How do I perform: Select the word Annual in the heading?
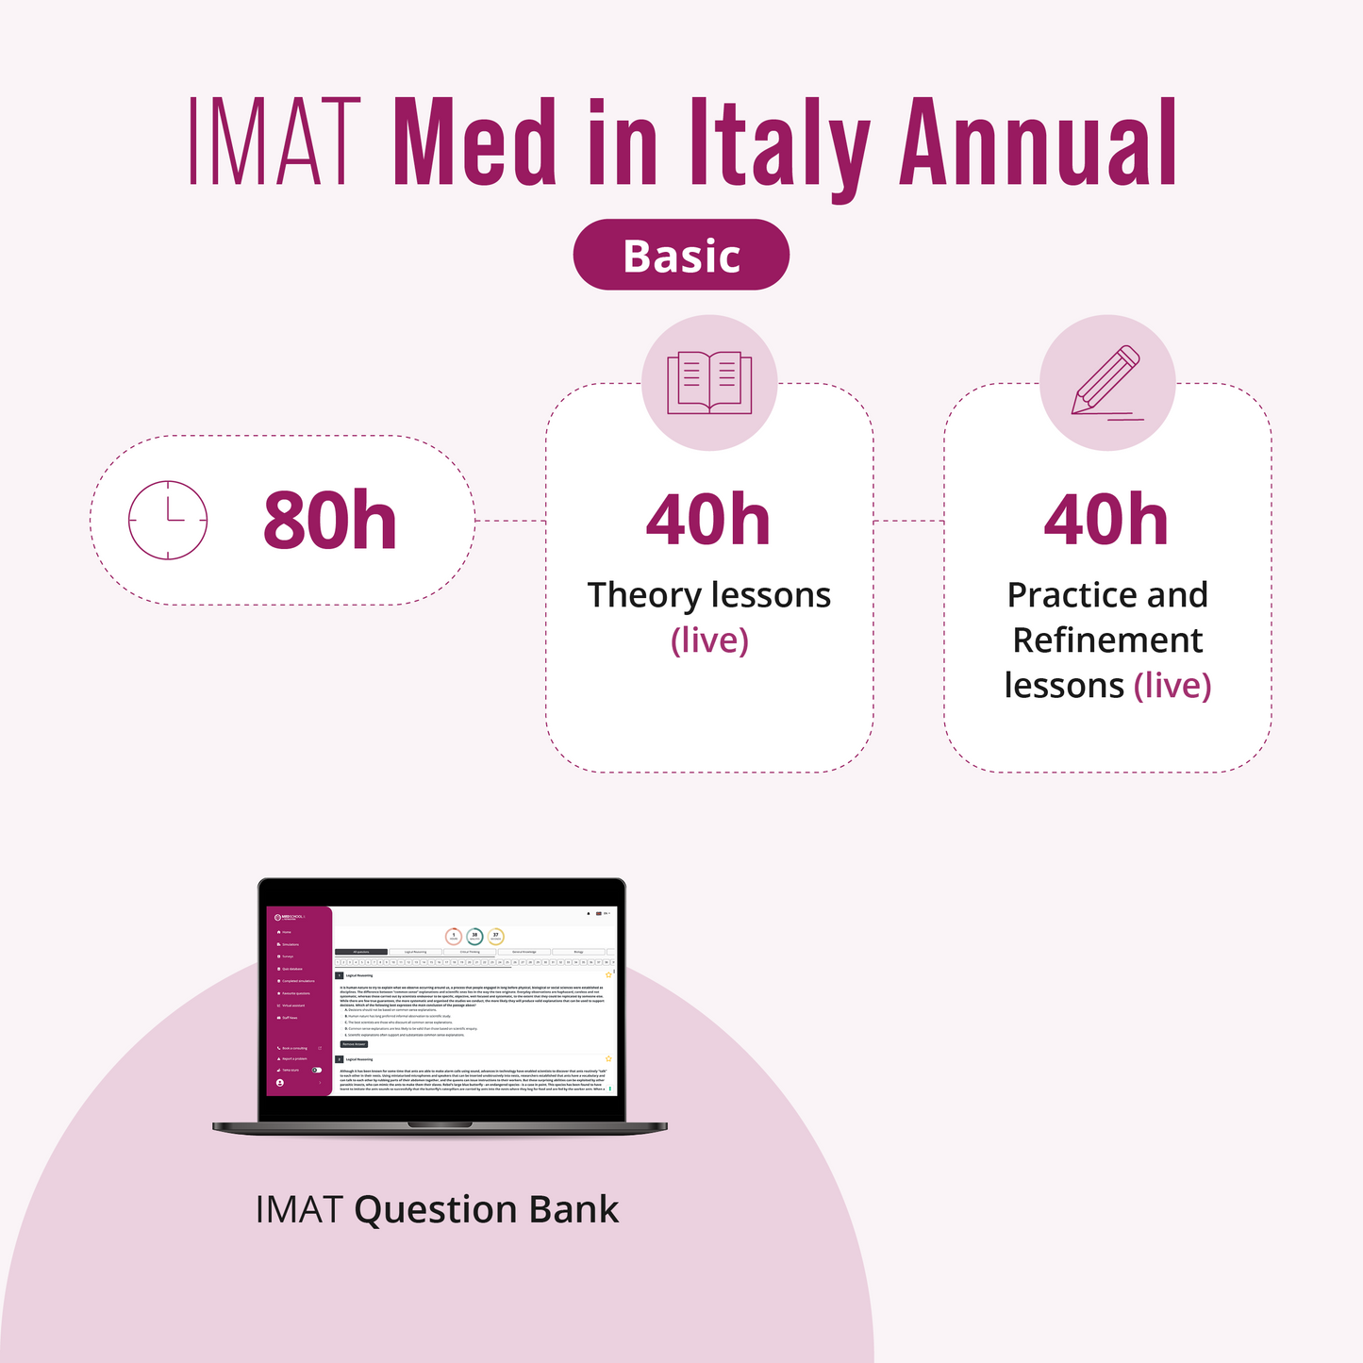(1039, 142)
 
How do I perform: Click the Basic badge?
(681, 255)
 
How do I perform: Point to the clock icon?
(168, 520)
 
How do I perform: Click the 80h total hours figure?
(329, 521)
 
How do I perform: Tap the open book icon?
(709, 382)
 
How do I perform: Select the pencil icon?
(1106, 382)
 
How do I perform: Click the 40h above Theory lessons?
(708, 520)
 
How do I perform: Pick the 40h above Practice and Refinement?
(1106, 520)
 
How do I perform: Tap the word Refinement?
(1107, 640)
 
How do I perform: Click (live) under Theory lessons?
(709, 640)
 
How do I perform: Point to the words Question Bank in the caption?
(487, 1209)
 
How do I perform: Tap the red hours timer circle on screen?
(454, 937)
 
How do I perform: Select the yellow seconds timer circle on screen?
(496, 937)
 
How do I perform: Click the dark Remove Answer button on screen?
(354, 1044)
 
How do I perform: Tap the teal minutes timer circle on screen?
(474, 937)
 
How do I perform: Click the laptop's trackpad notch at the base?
(440, 1124)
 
